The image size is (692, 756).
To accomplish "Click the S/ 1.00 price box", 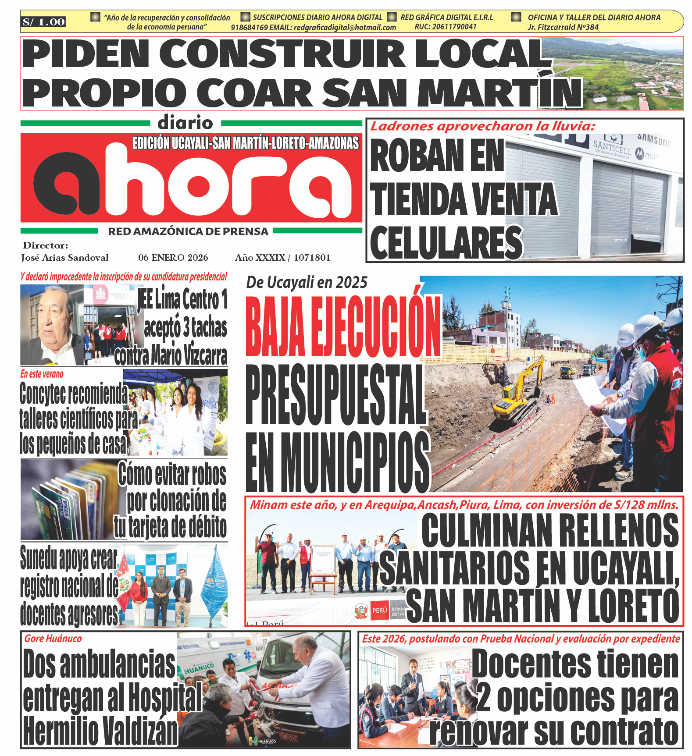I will (x=43, y=22).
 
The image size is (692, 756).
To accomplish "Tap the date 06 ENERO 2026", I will (x=173, y=258).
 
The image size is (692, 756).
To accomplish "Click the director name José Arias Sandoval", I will (x=65, y=258).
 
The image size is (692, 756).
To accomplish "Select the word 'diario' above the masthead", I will (x=185, y=123).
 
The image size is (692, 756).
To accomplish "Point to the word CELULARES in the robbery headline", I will (x=446, y=242).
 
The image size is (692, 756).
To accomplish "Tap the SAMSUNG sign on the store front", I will (x=653, y=140).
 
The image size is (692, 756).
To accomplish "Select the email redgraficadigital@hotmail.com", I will (x=345, y=27).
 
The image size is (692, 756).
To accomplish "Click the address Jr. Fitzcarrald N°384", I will (x=563, y=27).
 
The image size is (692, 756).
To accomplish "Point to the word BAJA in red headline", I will (x=275, y=327).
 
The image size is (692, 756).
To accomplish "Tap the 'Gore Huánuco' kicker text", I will (x=53, y=639).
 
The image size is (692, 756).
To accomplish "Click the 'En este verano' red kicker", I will (x=42, y=374).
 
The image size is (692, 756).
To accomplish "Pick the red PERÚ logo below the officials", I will (x=379, y=610).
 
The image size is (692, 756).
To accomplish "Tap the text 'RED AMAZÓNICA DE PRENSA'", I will (x=188, y=231).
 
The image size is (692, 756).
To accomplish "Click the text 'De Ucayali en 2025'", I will (x=307, y=283).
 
